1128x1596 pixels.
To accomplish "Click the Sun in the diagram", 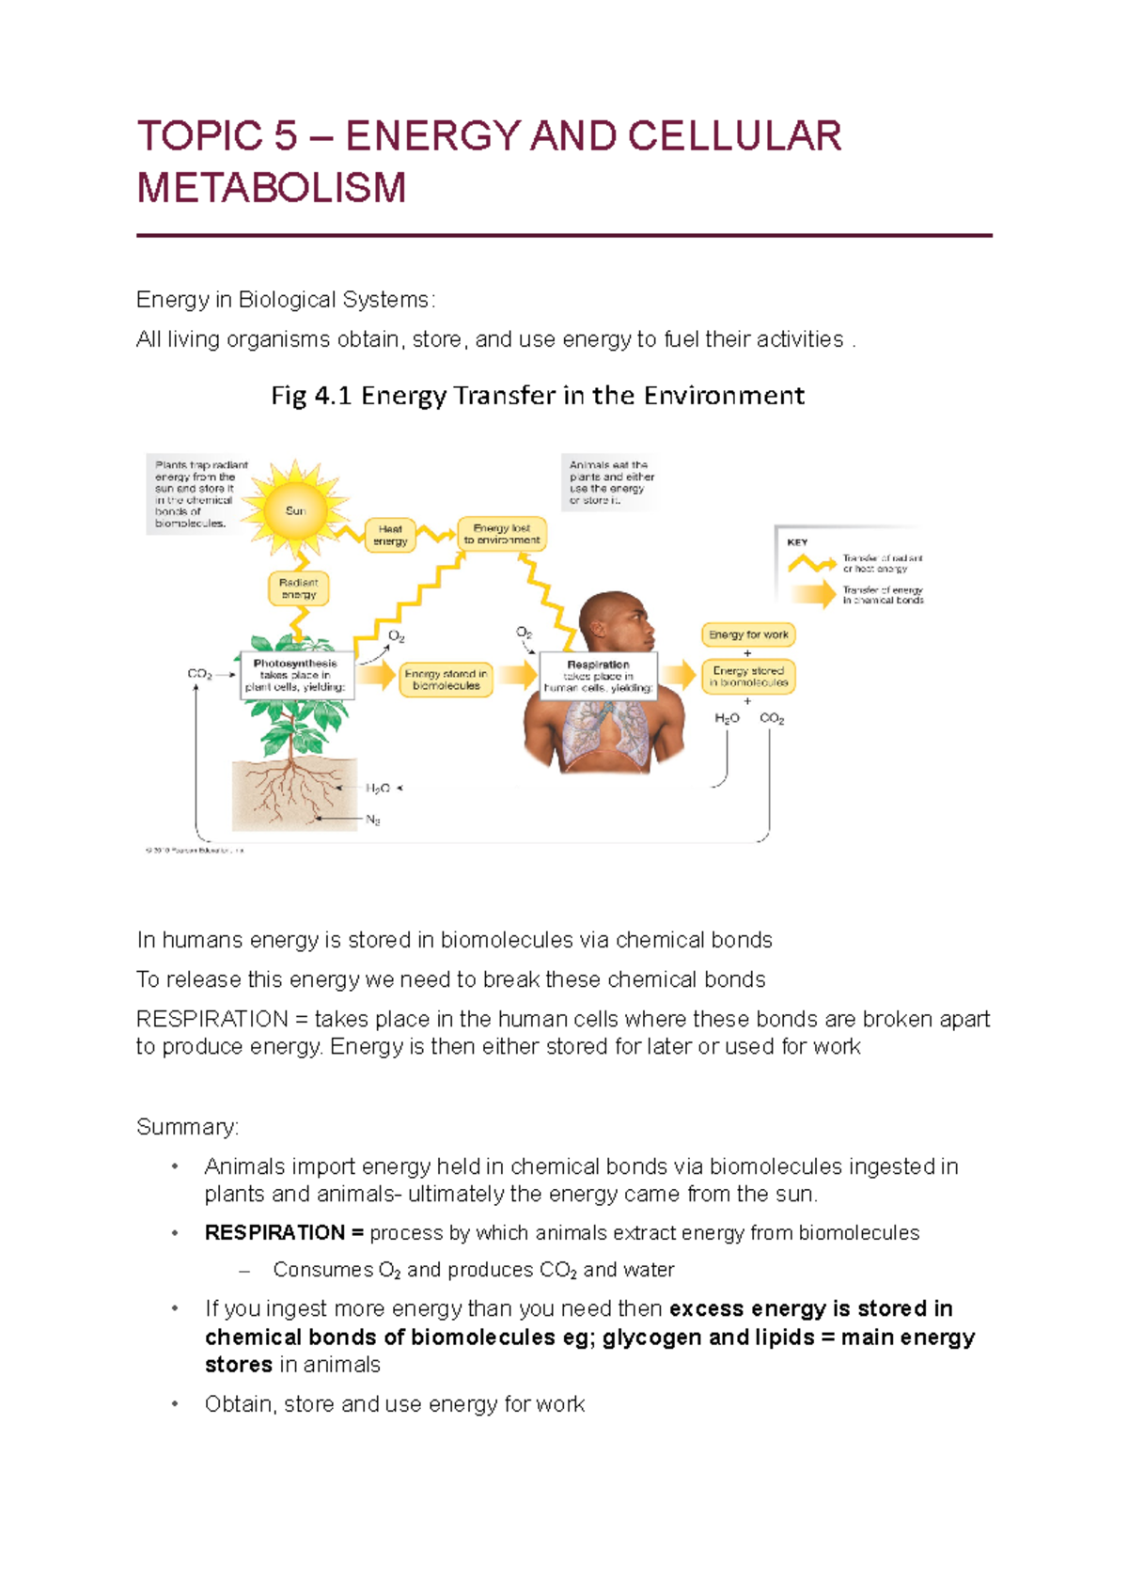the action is (295, 510).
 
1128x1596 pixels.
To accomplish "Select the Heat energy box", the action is (390, 535).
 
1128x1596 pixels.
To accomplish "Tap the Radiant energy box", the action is (298, 588).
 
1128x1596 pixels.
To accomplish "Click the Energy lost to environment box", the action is (502, 534).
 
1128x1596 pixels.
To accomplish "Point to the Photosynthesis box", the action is (295, 675).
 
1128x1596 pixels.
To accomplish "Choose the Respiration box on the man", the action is (598, 676).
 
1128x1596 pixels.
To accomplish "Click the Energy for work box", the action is (748, 634).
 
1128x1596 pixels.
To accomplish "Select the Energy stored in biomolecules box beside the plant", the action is (446, 679).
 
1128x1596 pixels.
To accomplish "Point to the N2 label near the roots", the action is (372, 820).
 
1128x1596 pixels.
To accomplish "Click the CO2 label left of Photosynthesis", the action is (199, 674).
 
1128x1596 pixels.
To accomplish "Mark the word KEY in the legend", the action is (797, 542).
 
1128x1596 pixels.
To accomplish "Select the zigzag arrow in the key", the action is (811, 563).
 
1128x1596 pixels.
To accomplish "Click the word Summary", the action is (187, 1126).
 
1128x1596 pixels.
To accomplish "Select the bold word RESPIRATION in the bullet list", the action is (274, 1232).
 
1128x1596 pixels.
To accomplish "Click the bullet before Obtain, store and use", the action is (174, 1404).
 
